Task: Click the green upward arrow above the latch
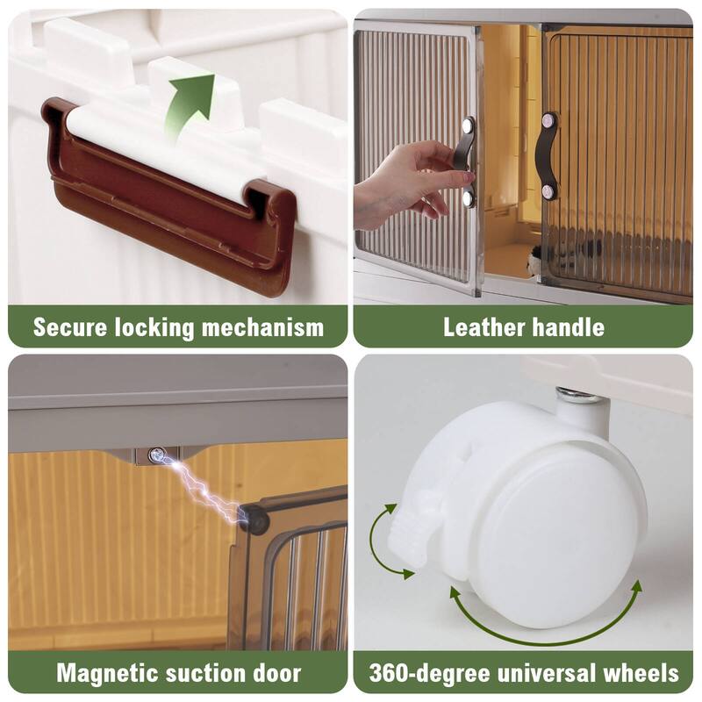coord(190,104)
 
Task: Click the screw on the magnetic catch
coord(156,455)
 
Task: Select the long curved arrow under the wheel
coord(544,619)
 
